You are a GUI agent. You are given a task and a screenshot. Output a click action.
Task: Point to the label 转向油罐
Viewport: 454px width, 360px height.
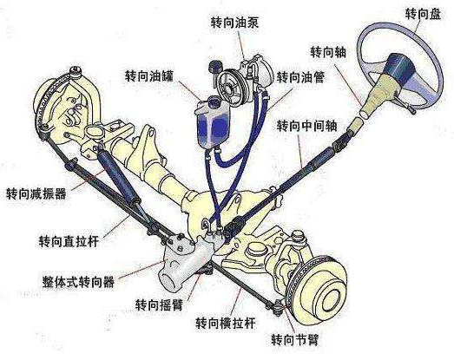[x=149, y=75]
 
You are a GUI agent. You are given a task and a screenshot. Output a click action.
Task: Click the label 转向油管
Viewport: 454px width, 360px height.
[x=301, y=77]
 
